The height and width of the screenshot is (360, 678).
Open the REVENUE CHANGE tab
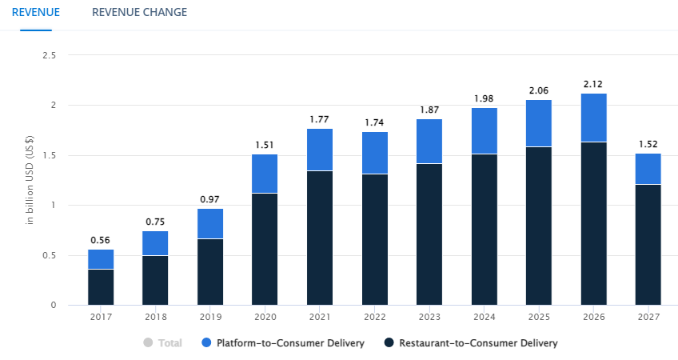click(139, 12)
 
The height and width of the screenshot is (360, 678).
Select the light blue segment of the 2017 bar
click(101, 259)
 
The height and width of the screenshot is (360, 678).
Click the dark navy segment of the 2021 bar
click(320, 238)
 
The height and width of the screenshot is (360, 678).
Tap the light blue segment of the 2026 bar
click(594, 118)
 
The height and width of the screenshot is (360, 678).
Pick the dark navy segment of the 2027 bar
click(648, 244)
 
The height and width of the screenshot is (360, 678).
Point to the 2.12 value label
click(594, 84)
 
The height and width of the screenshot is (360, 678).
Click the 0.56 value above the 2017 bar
click(101, 240)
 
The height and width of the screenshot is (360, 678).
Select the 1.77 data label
click(320, 119)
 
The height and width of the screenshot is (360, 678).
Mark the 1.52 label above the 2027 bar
click(648, 144)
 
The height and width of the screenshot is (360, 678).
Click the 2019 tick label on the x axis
click(210, 318)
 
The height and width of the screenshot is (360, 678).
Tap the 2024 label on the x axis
click(484, 318)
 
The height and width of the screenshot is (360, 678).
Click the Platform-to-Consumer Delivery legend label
click(290, 343)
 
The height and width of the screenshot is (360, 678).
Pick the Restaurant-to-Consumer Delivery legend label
click(477, 343)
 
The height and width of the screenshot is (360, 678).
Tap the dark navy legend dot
click(389, 343)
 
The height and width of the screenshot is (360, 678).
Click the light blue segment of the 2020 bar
click(265, 174)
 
